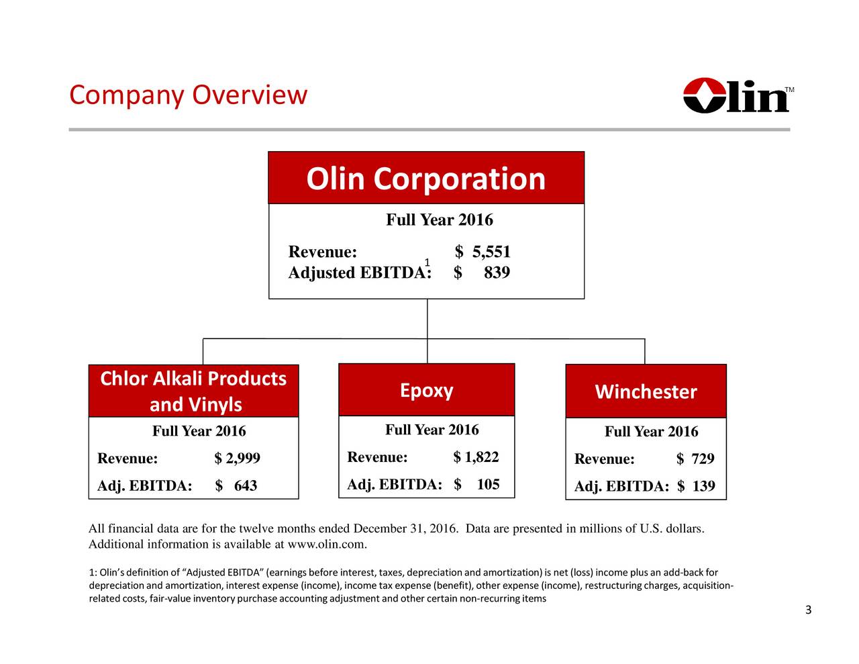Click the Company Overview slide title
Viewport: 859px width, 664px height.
[x=188, y=95]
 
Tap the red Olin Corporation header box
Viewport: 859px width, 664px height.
[x=426, y=178]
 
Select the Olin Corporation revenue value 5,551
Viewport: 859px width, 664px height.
[x=491, y=252]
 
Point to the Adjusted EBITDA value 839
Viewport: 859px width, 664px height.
[x=497, y=273]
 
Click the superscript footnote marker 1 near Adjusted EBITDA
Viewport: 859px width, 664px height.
[x=426, y=262]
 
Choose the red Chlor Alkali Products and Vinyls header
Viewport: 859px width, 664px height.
[x=193, y=391]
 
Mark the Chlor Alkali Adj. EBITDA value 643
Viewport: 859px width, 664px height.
[x=245, y=486]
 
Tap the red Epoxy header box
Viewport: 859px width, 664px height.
[x=426, y=390]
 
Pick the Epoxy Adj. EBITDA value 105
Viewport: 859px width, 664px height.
[x=488, y=485]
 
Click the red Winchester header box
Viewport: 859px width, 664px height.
[x=646, y=391]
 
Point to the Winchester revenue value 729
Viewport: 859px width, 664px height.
[x=703, y=459]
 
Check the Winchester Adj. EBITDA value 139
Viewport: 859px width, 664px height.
[x=703, y=486]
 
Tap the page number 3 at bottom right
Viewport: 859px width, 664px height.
[x=808, y=610]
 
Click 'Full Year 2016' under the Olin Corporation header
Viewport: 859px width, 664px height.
[x=439, y=220]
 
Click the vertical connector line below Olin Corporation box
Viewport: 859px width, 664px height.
[x=427, y=319]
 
